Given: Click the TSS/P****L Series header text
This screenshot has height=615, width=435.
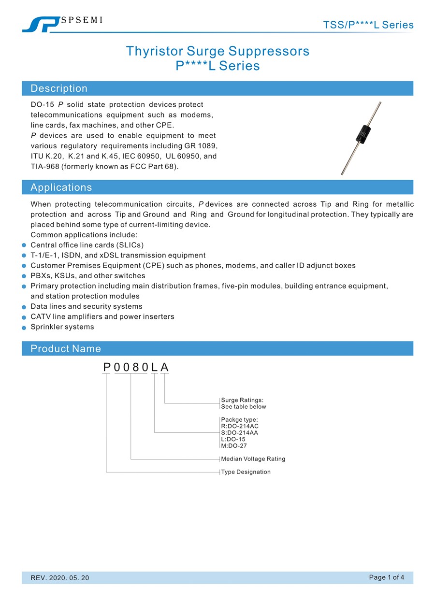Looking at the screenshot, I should [368, 25].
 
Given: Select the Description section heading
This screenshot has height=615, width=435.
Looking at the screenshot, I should [59, 88].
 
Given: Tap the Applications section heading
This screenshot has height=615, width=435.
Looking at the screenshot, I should [61, 187].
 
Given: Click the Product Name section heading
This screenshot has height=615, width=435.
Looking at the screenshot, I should [66, 349].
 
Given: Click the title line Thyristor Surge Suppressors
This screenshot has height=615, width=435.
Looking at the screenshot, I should [217, 51].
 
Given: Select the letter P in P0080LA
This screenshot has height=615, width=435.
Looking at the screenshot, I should [107, 368].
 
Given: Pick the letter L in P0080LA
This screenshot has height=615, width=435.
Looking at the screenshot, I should [154, 368].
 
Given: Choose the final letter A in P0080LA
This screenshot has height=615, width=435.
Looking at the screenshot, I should [165, 368].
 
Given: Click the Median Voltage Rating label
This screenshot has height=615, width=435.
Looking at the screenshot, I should [253, 459].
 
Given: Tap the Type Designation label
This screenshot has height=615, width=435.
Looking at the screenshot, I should [246, 472].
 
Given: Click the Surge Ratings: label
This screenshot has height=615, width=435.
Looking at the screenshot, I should [242, 400].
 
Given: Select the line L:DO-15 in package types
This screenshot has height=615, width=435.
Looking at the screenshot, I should [233, 439].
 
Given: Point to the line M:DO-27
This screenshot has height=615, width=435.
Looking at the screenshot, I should [234, 446].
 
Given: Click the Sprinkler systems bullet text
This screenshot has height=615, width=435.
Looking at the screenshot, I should [62, 327].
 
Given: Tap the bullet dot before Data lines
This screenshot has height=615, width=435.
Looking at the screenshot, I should [24, 307].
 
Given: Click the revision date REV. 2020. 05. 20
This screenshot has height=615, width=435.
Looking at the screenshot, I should [60, 578].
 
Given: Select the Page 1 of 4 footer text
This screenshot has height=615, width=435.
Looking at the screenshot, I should [386, 577].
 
